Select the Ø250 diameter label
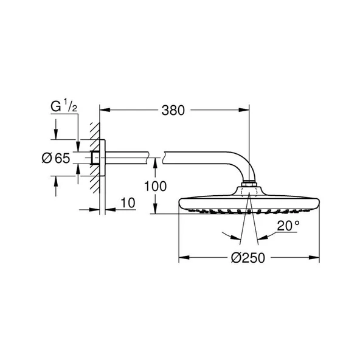[x=249, y=258]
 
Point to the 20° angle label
[x=289, y=226]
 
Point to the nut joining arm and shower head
[x=249, y=184]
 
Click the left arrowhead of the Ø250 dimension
[x=182, y=258]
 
